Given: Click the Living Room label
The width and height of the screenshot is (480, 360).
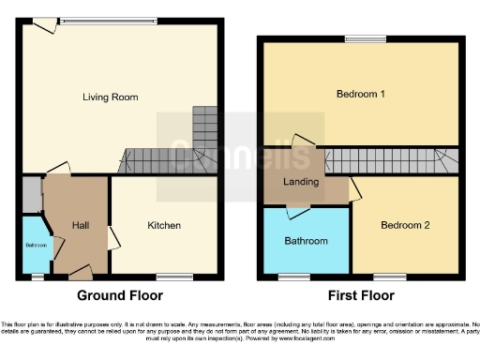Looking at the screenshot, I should [x=105, y=96].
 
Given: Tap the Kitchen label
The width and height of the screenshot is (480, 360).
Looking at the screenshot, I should [x=163, y=225].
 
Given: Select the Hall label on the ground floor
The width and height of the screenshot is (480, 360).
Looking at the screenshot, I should [x=79, y=225].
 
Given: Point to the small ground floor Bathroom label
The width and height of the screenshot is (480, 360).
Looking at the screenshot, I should [x=35, y=246].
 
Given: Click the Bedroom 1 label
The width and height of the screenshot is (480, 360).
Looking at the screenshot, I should [x=361, y=94].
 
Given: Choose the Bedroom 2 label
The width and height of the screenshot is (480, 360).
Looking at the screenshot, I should [x=405, y=225].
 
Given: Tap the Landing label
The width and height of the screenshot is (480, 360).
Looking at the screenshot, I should [x=301, y=182].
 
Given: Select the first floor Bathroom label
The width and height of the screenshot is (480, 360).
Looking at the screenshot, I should [x=307, y=241].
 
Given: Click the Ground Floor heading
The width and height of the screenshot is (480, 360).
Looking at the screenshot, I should [x=119, y=295].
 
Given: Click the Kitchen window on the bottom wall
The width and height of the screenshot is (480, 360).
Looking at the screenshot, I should [x=170, y=276].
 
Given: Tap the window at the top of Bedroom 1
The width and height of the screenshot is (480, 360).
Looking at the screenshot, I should [x=363, y=38].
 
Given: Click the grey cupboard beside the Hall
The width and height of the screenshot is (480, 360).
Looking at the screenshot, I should [x=32, y=194].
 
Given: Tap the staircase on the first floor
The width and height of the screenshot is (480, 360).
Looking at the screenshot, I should [x=389, y=161].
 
